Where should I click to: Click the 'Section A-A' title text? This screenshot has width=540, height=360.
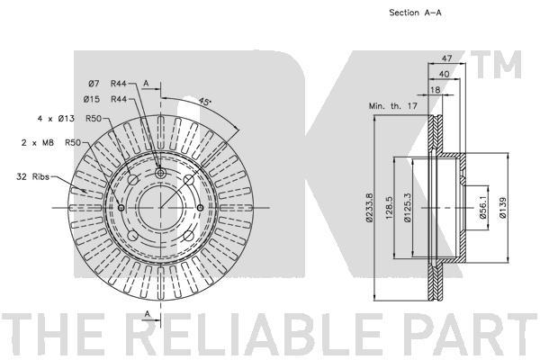pos(415,13)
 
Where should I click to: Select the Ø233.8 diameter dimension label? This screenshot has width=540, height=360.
pos(370,207)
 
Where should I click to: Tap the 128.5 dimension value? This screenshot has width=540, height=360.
pos(389,208)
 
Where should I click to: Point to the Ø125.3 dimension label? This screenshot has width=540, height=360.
pos(408,207)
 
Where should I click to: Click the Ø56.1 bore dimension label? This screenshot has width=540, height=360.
pos(482,207)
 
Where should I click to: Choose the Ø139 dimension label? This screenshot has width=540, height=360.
pos(503,207)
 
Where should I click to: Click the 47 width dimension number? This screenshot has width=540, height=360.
pos(446,58)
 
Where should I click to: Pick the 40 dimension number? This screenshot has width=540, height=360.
pos(445,74)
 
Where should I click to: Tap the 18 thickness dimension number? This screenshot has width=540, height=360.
pos(436,90)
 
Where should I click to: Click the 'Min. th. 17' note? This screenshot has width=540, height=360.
pos(393,106)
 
